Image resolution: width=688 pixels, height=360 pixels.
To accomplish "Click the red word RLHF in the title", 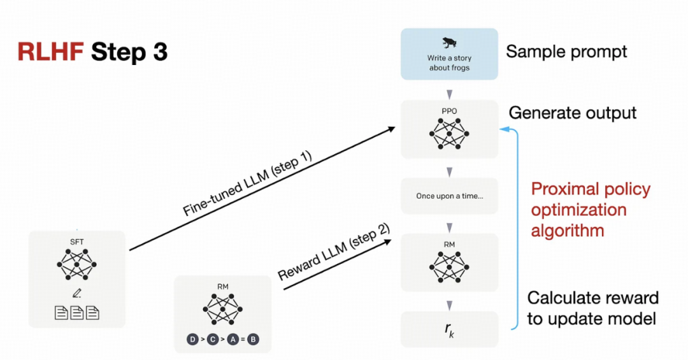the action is click(x=50, y=52).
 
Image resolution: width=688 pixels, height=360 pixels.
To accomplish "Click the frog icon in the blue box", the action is click(x=449, y=43).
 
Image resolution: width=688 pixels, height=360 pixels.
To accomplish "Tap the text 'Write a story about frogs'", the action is click(x=449, y=63).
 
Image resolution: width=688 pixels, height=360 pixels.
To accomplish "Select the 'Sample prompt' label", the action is click(x=566, y=52).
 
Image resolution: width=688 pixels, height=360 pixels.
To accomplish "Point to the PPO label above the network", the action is click(x=449, y=111).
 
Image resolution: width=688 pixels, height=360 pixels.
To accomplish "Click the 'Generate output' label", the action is click(x=573, y=113).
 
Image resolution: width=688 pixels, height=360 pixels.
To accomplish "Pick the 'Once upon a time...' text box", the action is click(x=449, y=196).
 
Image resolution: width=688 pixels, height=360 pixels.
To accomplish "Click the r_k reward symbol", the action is click(x=449, y=329).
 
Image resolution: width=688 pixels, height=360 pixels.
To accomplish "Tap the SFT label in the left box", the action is click(x=77, y=242).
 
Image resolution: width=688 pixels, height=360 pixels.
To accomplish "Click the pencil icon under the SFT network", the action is click(x=77, y=293).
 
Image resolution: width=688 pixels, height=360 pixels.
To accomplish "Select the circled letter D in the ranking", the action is click(x=192, y=340).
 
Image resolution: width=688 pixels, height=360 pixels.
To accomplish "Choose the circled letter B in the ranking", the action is click(x=253, y=340).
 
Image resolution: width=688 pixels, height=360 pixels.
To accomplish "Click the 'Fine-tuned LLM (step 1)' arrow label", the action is click(x=247, y=184).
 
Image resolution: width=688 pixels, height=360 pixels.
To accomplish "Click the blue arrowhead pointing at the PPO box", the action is click(x=504, y=129).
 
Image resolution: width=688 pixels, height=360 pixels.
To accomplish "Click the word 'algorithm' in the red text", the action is click(x=568, y=231).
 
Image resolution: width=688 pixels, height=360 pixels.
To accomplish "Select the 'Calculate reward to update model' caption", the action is click(x=592, y=308).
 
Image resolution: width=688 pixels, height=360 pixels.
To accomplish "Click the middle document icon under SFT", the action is click(x=77, y=313).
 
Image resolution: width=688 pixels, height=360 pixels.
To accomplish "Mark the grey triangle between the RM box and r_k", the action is click(x=449, y=305).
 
